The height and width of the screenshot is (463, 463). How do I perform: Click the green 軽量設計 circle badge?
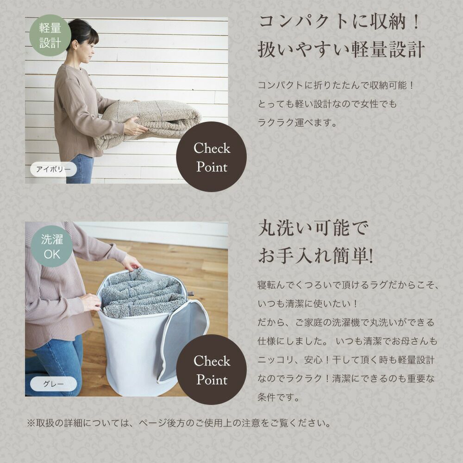click(x=50, y=36)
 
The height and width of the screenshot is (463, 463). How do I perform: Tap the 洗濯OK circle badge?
click(x=52, y=247)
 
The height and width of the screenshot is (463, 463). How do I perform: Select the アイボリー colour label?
click(x=53, y=169)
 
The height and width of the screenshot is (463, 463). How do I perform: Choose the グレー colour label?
click(x=53, y=384)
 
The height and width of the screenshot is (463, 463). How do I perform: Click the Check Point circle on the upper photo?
click(x=212, y=157)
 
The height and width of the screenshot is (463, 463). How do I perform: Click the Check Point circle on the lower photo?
click(x=212, y=369)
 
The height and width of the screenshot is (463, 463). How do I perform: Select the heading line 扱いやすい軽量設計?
click(x=341, y=50)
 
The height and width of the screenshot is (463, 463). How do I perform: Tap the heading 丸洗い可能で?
click(x=313, y=228)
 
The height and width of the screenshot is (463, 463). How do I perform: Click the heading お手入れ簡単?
click(x=316, y=256)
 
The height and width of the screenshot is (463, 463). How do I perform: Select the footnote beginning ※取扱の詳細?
click(x=179, y=423)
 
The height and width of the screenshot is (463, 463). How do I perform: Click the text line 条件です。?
click(x=279, y=397)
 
